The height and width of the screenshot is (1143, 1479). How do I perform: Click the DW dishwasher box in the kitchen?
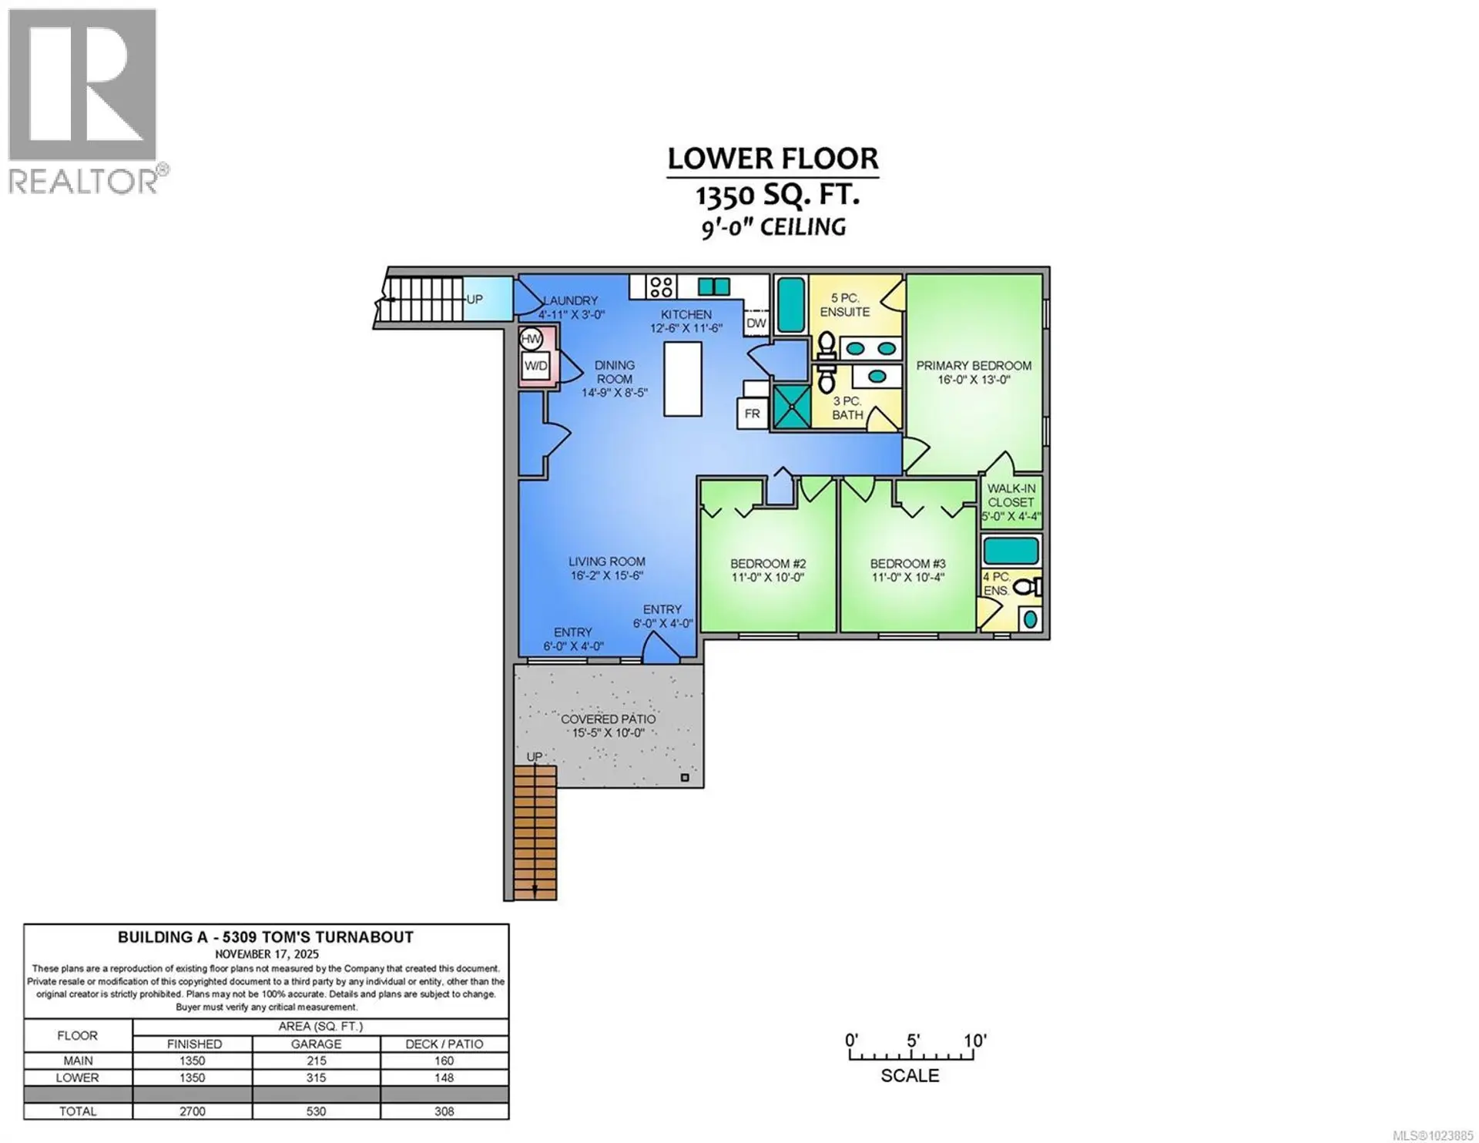(x=756, y=323)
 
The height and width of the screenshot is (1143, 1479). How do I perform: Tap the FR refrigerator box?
(x=752, y=414)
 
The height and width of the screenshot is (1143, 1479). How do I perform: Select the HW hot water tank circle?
(x=531, y=339)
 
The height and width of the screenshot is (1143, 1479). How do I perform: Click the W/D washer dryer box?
(x=535, y=366)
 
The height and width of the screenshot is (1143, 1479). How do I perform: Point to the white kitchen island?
(x=682, y=379)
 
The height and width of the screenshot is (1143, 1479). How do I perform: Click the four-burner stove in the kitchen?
(x=661, y=287)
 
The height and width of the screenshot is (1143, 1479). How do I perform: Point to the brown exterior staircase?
(x=535, y=832)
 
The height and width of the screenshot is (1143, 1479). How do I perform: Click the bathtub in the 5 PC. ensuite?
(x=790, y=305)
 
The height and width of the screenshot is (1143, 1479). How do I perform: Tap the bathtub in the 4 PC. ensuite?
(x=1011, y=551)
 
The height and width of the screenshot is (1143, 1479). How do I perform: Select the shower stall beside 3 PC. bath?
(x=791, y=407)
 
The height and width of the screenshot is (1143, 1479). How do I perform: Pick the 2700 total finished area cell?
(x=193, y=1111)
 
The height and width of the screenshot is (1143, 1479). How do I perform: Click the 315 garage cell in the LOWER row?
(x=316, y=1078)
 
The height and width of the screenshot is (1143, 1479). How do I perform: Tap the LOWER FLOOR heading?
(x=772, y=159)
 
